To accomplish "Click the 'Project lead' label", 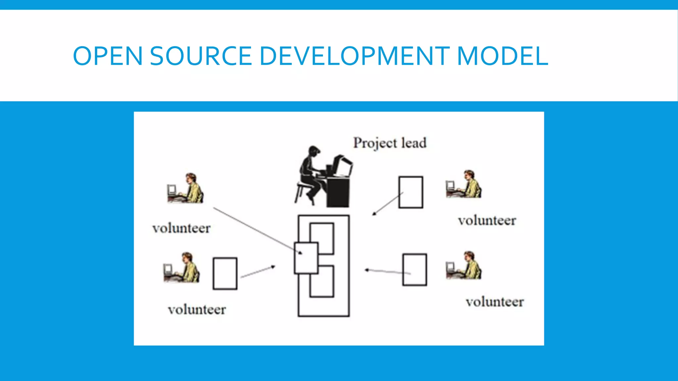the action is point(390,143).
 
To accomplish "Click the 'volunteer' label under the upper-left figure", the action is point(181,228).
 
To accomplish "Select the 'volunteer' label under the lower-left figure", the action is point(197,310).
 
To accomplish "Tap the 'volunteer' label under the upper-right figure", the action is point(487,221).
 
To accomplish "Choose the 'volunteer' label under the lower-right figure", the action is point(495,302).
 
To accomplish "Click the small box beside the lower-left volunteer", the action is point(225,274).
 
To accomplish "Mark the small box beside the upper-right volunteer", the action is point(411,192).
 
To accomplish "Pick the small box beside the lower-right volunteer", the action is point(414,270).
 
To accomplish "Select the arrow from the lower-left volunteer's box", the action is point(258,272).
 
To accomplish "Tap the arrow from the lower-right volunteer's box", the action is point(387,272).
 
